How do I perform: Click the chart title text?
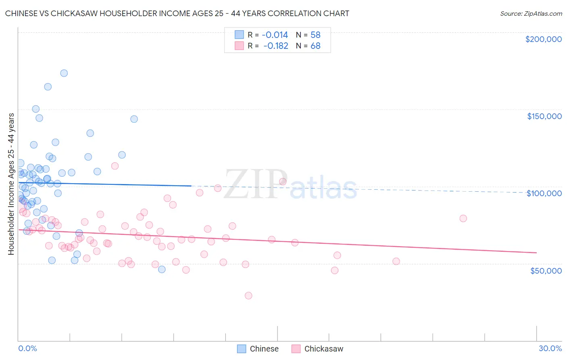177,13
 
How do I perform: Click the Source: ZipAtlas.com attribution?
531,13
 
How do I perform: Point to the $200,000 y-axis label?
543,39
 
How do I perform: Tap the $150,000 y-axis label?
544,116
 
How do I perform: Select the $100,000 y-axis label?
544,193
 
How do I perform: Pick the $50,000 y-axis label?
546,270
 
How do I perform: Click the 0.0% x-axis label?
27,348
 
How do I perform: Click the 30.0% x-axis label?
550,348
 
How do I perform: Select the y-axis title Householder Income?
11,184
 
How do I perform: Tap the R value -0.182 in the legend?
276,46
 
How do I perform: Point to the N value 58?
315,35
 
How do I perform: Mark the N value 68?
315,46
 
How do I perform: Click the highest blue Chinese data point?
64,73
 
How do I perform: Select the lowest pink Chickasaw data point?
248,295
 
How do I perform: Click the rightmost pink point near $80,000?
463,218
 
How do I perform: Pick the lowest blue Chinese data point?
162,269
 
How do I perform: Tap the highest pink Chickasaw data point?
115,166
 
